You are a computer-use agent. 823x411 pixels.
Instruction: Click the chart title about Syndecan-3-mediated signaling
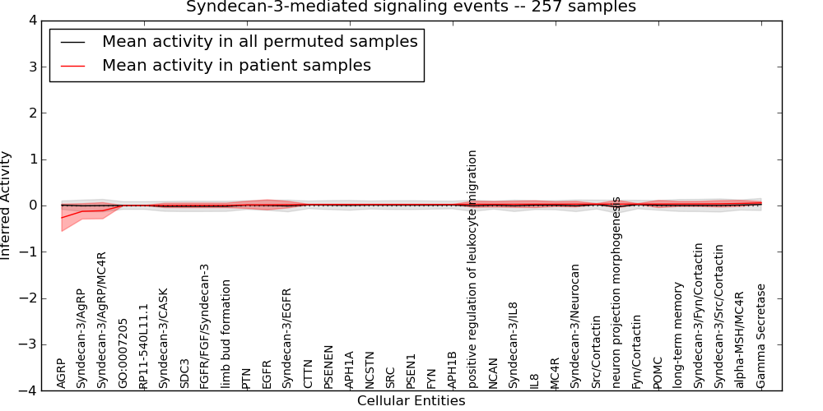coord(411,7)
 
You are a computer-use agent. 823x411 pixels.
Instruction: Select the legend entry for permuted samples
coord(259,41)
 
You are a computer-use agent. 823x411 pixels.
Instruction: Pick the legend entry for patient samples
coord(236,65)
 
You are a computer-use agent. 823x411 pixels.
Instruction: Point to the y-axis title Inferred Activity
coord(7,205)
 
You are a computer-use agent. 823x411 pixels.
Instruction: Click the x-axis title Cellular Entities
coord(411,401)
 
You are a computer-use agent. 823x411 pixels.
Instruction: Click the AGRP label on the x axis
coord(61,373)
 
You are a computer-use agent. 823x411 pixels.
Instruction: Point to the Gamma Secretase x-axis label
coord(761,336)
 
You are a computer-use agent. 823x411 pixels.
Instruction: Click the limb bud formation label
coord(226,334)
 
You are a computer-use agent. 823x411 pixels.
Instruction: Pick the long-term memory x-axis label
coord(678,335)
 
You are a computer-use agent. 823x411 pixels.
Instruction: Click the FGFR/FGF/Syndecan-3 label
coord(205,326)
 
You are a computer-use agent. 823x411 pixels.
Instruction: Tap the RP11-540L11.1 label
coord(143,346)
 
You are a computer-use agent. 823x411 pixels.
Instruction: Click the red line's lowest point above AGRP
coord(62,218)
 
